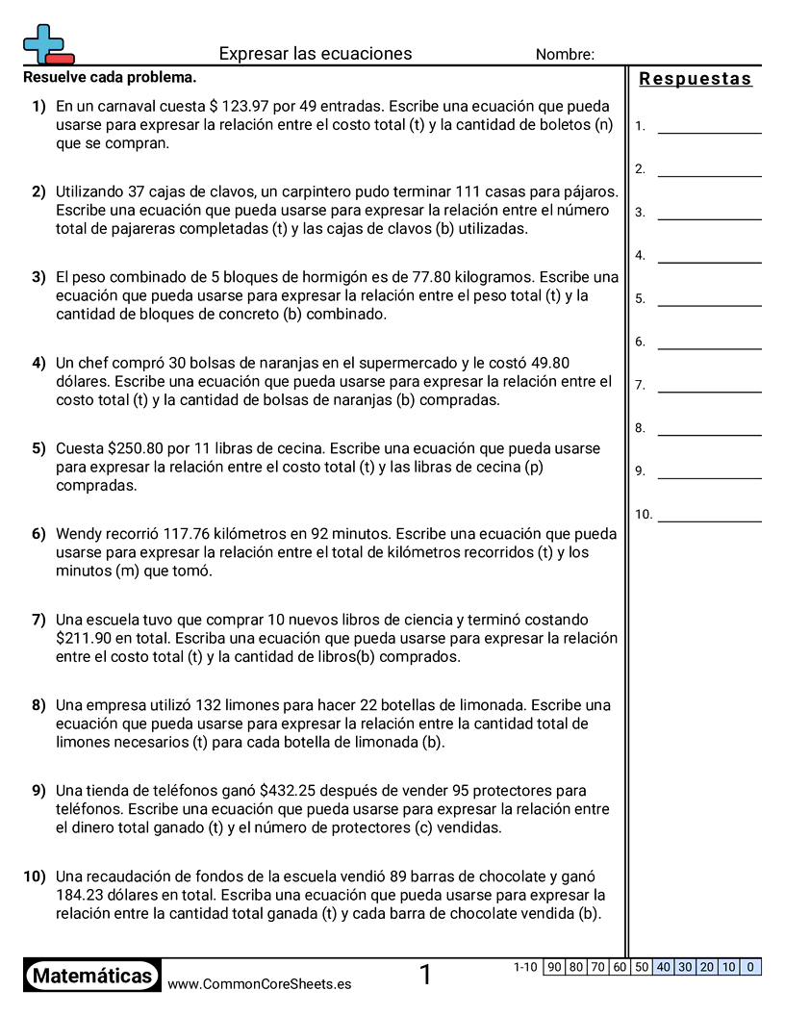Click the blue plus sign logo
click(44, 42)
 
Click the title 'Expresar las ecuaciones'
click(316, 54)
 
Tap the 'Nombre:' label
click(565, 55)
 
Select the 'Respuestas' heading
click(696, 79)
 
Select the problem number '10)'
click(35, 876)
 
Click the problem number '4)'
click(38, 363)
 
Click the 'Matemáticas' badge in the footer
click(92, 977)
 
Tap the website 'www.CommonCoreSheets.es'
click(259, 984)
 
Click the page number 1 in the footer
click(425, 976)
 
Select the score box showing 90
click(553, 967)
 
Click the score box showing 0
click(750, 967)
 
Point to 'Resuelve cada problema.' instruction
click(110, 77)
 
